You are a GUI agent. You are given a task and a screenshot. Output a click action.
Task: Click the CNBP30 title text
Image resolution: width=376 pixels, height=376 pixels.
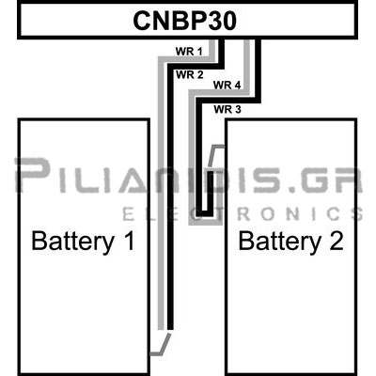click(185, 21)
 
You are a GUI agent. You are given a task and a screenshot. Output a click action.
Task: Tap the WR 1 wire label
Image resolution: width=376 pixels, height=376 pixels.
click(189, 52)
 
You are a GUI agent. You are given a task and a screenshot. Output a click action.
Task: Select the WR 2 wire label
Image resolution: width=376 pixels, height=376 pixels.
click(190, 75)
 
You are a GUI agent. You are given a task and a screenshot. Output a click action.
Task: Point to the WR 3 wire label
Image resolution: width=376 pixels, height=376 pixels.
click(227, 109)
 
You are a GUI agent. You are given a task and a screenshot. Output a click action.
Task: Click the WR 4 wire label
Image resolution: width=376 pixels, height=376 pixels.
click(227, 85)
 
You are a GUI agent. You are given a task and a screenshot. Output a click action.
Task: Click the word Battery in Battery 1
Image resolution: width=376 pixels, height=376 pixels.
click(72, 242)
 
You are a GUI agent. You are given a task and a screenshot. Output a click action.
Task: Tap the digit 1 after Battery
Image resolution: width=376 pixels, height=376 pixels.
click(130, 241)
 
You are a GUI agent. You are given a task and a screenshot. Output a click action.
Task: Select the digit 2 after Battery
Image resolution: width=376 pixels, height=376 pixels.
click(337, 241)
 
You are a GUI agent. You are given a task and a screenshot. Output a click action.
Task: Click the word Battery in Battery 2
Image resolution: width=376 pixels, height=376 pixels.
click(280, 242)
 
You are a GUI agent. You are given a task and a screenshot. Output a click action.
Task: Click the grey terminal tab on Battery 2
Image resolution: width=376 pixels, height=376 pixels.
click(215, 156)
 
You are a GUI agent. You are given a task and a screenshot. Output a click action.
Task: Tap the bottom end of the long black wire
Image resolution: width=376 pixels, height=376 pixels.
click(170, 330)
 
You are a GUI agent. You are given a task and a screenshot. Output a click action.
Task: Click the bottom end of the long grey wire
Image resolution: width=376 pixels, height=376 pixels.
click(161, 329)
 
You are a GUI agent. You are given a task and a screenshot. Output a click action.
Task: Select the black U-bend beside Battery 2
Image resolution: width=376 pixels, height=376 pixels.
click(204, 213)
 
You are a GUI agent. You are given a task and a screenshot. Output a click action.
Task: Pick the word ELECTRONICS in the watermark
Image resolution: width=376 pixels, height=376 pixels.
click(243, 214)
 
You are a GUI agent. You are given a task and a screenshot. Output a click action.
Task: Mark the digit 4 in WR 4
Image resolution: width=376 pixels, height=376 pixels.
click(237, 85)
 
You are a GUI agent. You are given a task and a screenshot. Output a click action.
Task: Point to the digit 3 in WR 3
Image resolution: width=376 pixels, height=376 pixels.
click(238, 109)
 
